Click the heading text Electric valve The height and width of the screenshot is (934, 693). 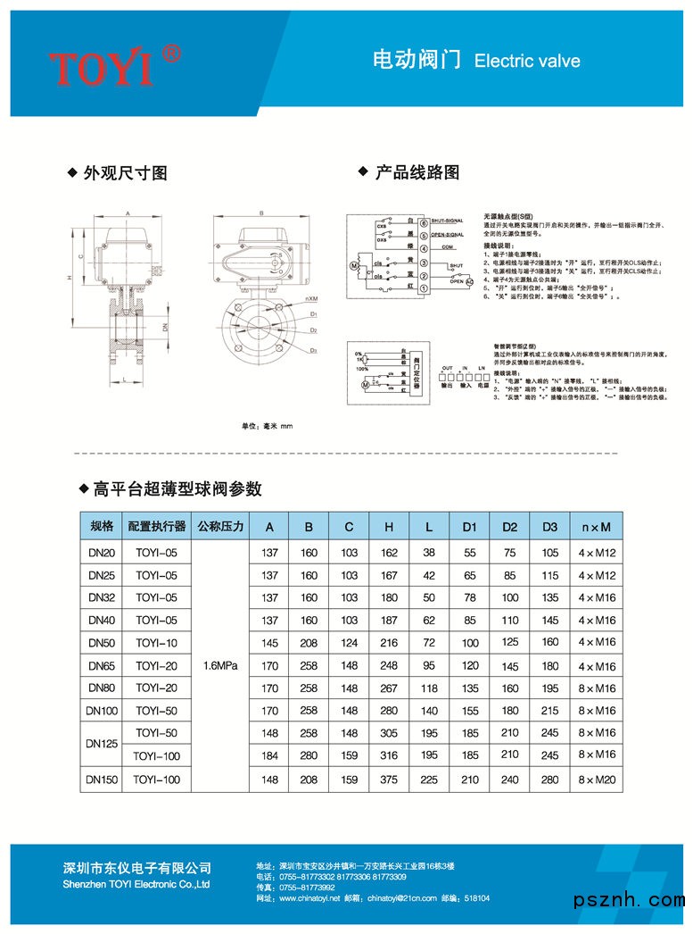point(527,62)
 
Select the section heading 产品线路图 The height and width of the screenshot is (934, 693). point(417,172)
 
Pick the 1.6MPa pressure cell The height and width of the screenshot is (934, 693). point(220,665)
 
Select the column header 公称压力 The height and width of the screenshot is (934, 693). point(220,527)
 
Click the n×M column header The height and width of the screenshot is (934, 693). point(597,527)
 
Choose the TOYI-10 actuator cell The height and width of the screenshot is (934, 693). point(156,642)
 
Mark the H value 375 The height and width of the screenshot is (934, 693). point(389,780)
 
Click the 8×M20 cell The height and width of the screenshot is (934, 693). point(597,780)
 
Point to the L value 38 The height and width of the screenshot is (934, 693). point(429,554)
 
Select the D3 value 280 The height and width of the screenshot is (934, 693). point(549,780)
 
